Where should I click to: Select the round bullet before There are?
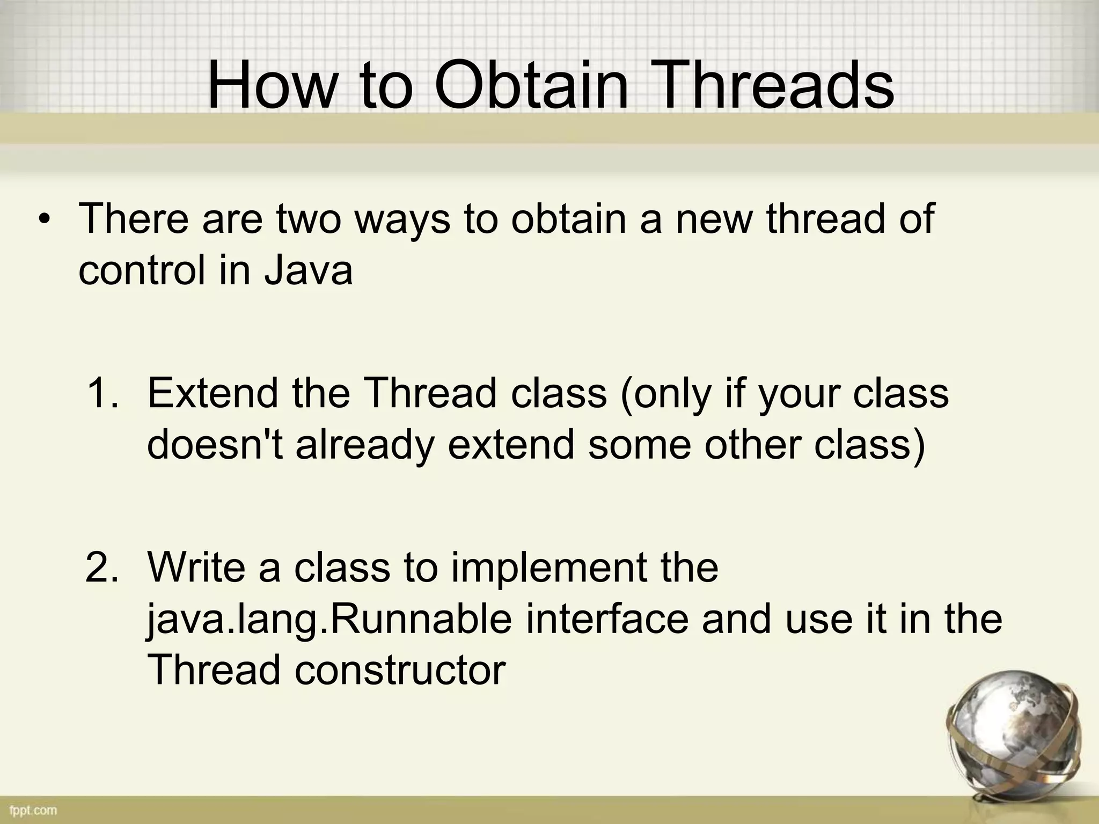coord(46,221)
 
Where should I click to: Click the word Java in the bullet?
coord(308,270)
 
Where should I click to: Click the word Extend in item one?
coord(214,393)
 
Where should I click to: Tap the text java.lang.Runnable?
coord(329,620)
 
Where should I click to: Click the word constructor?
coord(400,670)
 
